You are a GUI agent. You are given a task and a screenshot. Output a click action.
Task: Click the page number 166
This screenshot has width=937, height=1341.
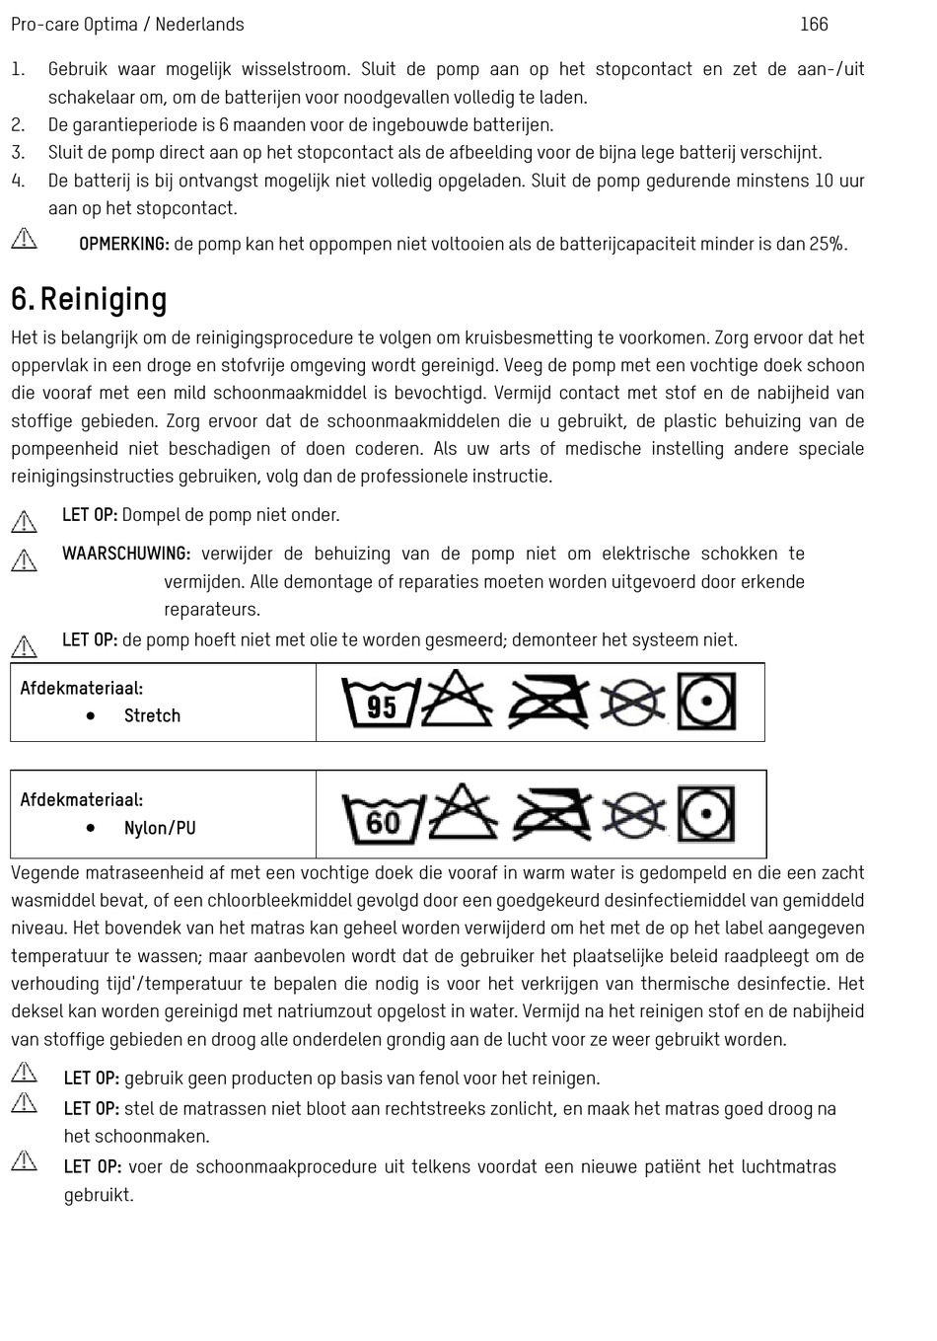(814, 24)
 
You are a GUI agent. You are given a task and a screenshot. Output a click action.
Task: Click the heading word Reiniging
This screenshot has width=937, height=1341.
(104, 299)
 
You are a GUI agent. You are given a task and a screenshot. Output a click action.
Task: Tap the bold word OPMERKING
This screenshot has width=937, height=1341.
(123, 244)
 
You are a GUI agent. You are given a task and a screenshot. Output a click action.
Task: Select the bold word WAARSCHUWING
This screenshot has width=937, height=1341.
(126, 554)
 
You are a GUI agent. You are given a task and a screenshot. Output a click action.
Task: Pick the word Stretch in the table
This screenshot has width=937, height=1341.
(152, 715)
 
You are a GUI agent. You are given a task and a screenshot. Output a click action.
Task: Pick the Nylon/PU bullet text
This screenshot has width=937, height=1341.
(160, 828)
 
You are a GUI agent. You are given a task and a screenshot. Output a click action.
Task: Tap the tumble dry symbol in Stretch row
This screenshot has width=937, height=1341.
(706, 702)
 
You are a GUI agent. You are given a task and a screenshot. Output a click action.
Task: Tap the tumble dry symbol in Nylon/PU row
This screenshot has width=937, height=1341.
(706, 814)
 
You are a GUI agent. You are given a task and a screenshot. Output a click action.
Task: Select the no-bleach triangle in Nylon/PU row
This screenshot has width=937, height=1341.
(462, 811)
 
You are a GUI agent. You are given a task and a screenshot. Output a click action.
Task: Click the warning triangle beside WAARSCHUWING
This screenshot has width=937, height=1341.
(25, 559)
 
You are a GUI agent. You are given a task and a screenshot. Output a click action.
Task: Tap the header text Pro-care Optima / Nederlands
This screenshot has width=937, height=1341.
(127, 24)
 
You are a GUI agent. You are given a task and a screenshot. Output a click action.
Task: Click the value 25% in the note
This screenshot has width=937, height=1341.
(827, 244)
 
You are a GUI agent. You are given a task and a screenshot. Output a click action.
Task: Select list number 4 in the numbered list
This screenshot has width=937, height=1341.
(18, 181)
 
